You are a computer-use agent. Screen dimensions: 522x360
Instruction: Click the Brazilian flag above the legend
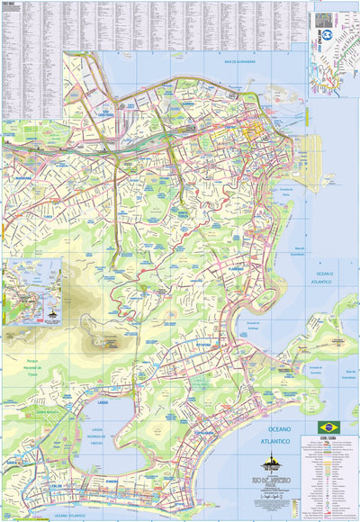[325, 427]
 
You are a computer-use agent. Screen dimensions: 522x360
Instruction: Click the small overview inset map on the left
[31, 291]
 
